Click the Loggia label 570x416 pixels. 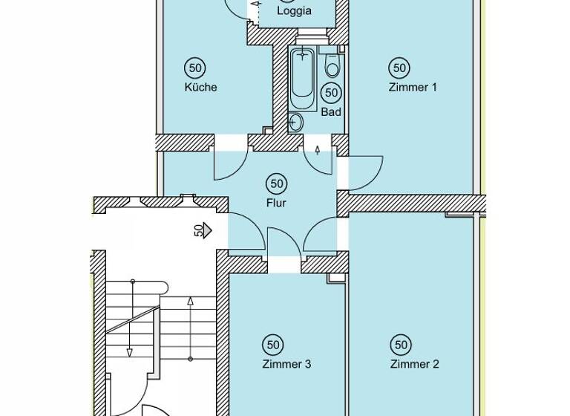point(294,11)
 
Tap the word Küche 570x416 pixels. point(200,87)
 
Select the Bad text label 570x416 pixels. point(331,112)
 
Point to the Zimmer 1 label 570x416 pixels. point(413,87)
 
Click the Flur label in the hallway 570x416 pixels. point(277,202)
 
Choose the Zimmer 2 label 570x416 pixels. point(414,364)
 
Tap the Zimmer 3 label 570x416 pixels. point(286,364)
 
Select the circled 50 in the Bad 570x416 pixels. point(331,93)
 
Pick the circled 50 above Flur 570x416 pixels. point(277,183)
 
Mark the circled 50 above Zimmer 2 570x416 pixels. point(401,345)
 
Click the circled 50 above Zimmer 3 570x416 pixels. point(273,345)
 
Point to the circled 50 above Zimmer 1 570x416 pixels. point(399,68)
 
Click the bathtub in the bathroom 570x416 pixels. point(303,78)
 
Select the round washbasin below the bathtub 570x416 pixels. point(297,123)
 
